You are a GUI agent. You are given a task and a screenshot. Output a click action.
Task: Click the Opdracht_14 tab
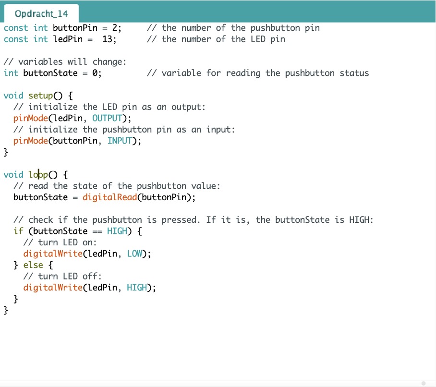pos(41,13)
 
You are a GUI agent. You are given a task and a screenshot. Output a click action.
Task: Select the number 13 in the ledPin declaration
pos(108,39)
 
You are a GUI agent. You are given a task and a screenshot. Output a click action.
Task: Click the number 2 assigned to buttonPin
pos(115,28)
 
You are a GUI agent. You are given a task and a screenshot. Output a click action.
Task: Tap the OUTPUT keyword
pos(107,118)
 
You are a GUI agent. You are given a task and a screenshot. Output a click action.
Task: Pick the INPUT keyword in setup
pos(120,141)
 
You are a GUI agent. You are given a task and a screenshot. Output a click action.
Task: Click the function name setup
pos(41,96)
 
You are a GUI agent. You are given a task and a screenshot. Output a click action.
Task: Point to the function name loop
pos(38,175)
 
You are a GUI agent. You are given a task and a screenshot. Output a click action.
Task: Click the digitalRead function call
pos(110,197)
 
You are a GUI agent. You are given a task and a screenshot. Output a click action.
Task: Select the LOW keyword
pos(134,254)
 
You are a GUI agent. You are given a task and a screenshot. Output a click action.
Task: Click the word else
pos(33,265)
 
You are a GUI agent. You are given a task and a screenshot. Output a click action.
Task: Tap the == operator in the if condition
pos(97,231)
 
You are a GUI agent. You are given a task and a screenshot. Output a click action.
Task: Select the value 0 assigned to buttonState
pos(95,73)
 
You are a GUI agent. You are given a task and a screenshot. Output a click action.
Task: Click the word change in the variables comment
pos(108,62)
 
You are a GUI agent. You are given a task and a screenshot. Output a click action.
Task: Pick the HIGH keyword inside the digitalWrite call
pos(137,288)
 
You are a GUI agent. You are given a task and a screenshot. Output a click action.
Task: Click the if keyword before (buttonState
pos(18,231)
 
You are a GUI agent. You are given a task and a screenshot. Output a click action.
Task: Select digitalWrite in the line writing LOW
pos(53,254)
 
